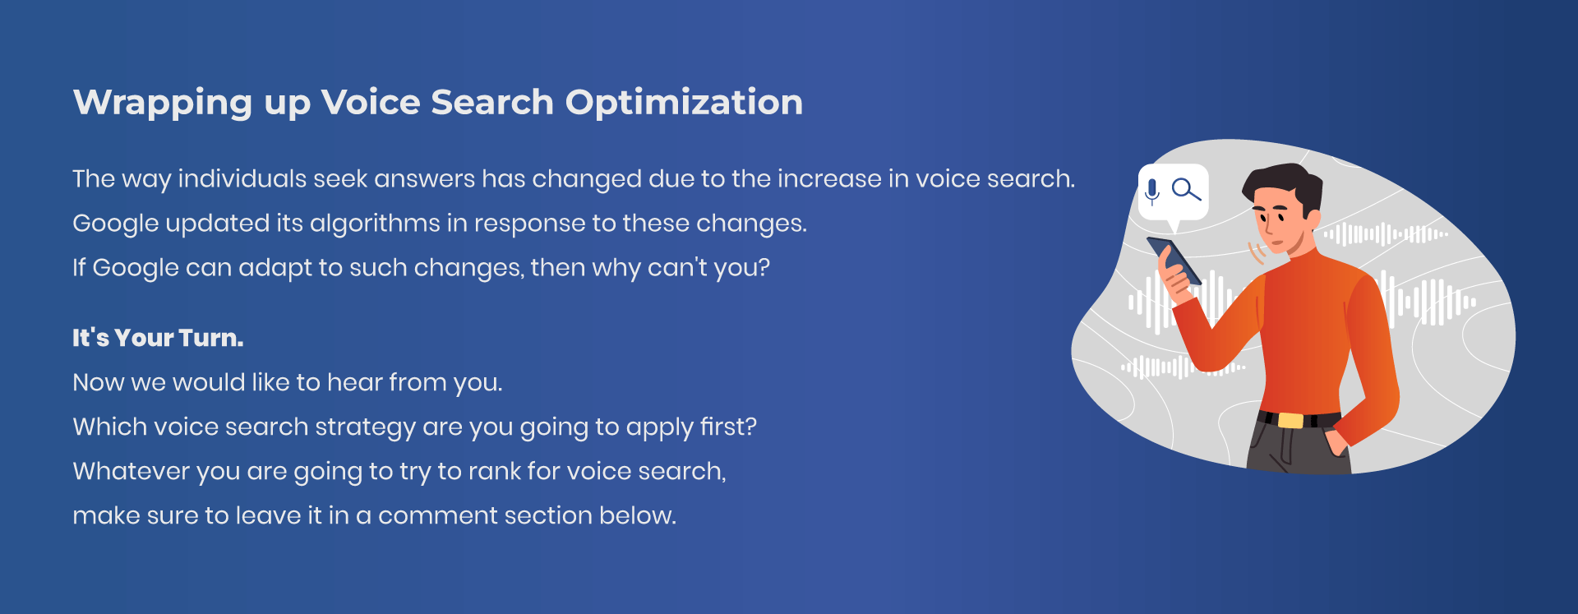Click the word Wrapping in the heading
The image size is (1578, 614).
[163, 104]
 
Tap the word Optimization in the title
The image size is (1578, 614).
[684, 104]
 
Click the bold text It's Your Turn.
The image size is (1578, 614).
[158, 338]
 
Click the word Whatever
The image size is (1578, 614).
[131, 471]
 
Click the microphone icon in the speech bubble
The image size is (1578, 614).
[1152, 192]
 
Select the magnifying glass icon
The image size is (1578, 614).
[1186, 190]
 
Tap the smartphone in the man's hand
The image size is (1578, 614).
[1174, 261]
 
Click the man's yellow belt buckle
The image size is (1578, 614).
[1290, 420]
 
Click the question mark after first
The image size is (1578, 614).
[750, 427]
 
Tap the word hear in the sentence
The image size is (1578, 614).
[354, 382]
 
